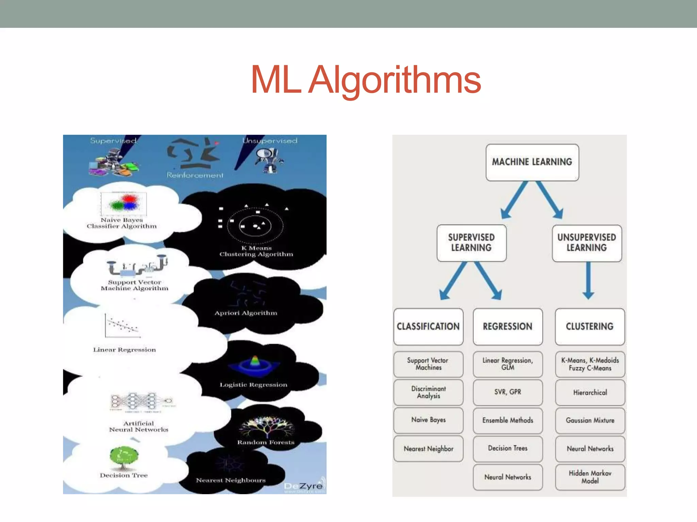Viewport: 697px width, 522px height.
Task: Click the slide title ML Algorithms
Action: (366, 80)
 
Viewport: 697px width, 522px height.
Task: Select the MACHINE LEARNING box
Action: (532, 162)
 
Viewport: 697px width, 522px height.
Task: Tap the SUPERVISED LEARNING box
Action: (471, 243)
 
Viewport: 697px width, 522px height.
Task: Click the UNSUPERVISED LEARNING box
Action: (586, 243)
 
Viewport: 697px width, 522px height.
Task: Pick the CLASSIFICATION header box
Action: (428, 326)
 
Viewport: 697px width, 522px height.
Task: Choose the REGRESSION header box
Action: (507, 326)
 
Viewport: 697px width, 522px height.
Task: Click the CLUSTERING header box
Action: (589, 326)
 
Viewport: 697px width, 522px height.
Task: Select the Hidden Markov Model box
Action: (590, 477)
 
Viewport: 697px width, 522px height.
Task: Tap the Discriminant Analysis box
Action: (428, 392)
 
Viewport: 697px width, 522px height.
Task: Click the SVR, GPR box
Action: (507, 392)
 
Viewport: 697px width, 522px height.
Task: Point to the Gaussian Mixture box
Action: (590, 420)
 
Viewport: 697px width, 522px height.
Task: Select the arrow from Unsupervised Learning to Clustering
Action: (588, 280)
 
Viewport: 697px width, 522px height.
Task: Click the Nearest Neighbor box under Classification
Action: (428, 449)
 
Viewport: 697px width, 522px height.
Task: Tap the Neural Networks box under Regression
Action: (507, 477)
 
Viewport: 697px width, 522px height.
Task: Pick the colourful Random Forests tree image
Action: (266, 427)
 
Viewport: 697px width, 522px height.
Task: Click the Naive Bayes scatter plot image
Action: (124, 203)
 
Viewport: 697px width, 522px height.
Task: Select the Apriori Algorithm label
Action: (246, 313)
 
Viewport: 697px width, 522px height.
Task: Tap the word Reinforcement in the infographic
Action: (195, 175)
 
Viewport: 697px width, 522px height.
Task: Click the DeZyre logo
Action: (304, 486)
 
